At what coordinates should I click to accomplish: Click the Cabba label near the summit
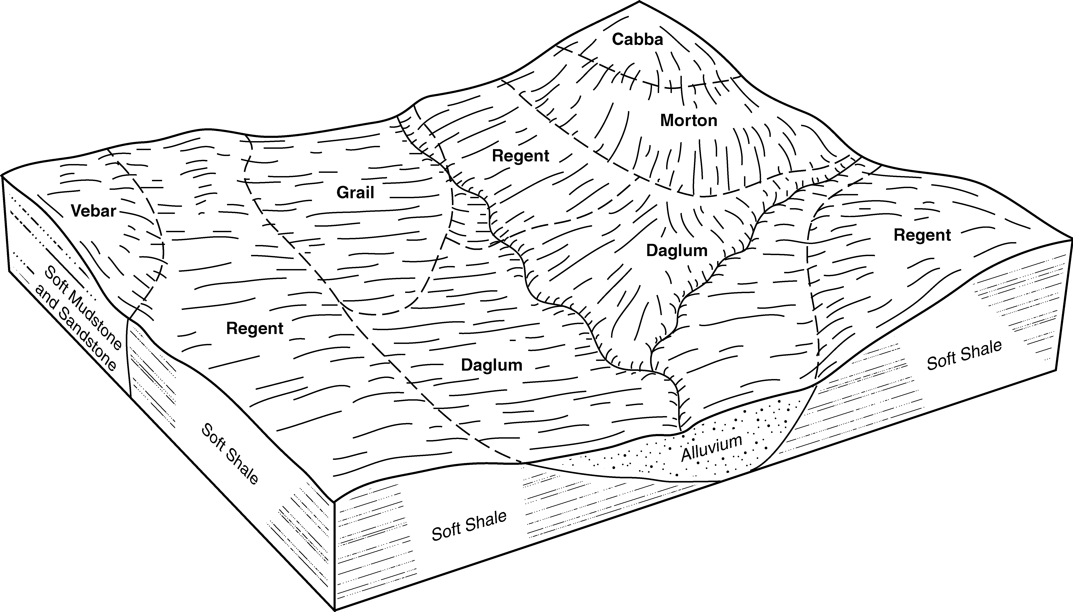click(x=637, y=40)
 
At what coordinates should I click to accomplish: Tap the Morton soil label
click(x=688, y=121)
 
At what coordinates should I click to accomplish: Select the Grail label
click(x=355, y=192)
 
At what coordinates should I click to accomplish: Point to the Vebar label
click(x=93, y=211)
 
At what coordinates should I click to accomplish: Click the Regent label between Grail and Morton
click(x=520, y=156)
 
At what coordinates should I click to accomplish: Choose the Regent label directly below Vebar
click(x=255, y=328)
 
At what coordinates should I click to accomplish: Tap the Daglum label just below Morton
click(x=677, y=251)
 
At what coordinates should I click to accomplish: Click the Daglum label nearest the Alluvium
click(x=491, y=365)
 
